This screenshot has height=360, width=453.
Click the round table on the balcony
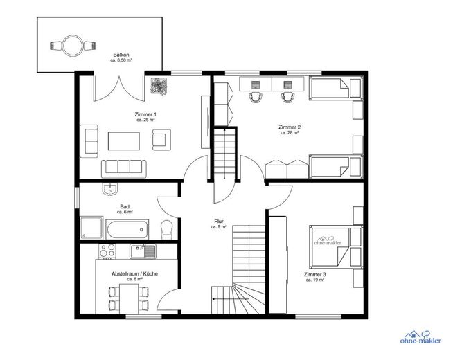tap(72, 46)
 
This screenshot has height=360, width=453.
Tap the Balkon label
tap(121, 55)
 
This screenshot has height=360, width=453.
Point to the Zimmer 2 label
tap(290, 127)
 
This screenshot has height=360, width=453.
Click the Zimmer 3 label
tap(315, 274)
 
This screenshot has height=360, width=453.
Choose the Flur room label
tap(219, 222)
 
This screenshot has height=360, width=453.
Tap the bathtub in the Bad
tap(127, 230)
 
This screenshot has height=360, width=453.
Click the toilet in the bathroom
tap(166, 230)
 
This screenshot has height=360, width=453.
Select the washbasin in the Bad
tap(109, 189)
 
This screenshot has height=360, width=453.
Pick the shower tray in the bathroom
tap(91, 228)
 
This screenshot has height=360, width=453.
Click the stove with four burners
tap(107, 251)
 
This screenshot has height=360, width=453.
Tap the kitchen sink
tap(143, 251)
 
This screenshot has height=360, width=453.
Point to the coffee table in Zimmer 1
tap(124, 141)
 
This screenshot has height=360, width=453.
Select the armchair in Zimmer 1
tap(161, 140)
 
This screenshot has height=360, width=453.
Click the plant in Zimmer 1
tap(159, 86)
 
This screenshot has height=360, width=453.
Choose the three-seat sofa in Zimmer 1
tap(124, 169)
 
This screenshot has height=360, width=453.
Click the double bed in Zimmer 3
tap(336, 246)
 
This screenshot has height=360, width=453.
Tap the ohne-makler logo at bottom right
tap(420, 337)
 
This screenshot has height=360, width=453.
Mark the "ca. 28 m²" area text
tap(290, 133)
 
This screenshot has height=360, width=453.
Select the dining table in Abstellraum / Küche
tap(129, 299)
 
